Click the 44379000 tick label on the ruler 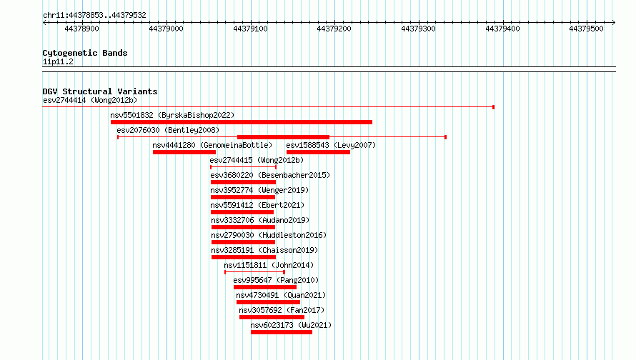[x=166, y=29]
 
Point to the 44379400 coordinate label [x=502, y=29]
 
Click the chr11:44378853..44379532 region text [x=94, y=16]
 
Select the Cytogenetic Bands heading [x=85, y=53]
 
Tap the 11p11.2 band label [x=58, y=61]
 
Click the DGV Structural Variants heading [x=100, y=91]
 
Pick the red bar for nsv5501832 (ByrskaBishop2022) [x=242, y=122]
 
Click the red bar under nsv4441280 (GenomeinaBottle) [x=184, y=152]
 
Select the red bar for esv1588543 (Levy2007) [x=319, y=152]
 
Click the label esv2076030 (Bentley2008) [x=168, y=130]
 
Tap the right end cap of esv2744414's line [x=493, y=107]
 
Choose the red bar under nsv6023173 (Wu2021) [x=282, y=332]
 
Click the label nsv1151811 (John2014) [x=269, y=265]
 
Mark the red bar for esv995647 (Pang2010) [x=265, y=287]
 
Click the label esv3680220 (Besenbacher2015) [x=270, y=175]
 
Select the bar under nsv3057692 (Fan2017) [x=272, y=317]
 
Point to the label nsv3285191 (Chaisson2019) [x=264, y=250]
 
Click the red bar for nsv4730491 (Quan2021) [x=268, y=302]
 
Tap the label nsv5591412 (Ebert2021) [x=257, y=205]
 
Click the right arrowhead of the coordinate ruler [x=614, y=22]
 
